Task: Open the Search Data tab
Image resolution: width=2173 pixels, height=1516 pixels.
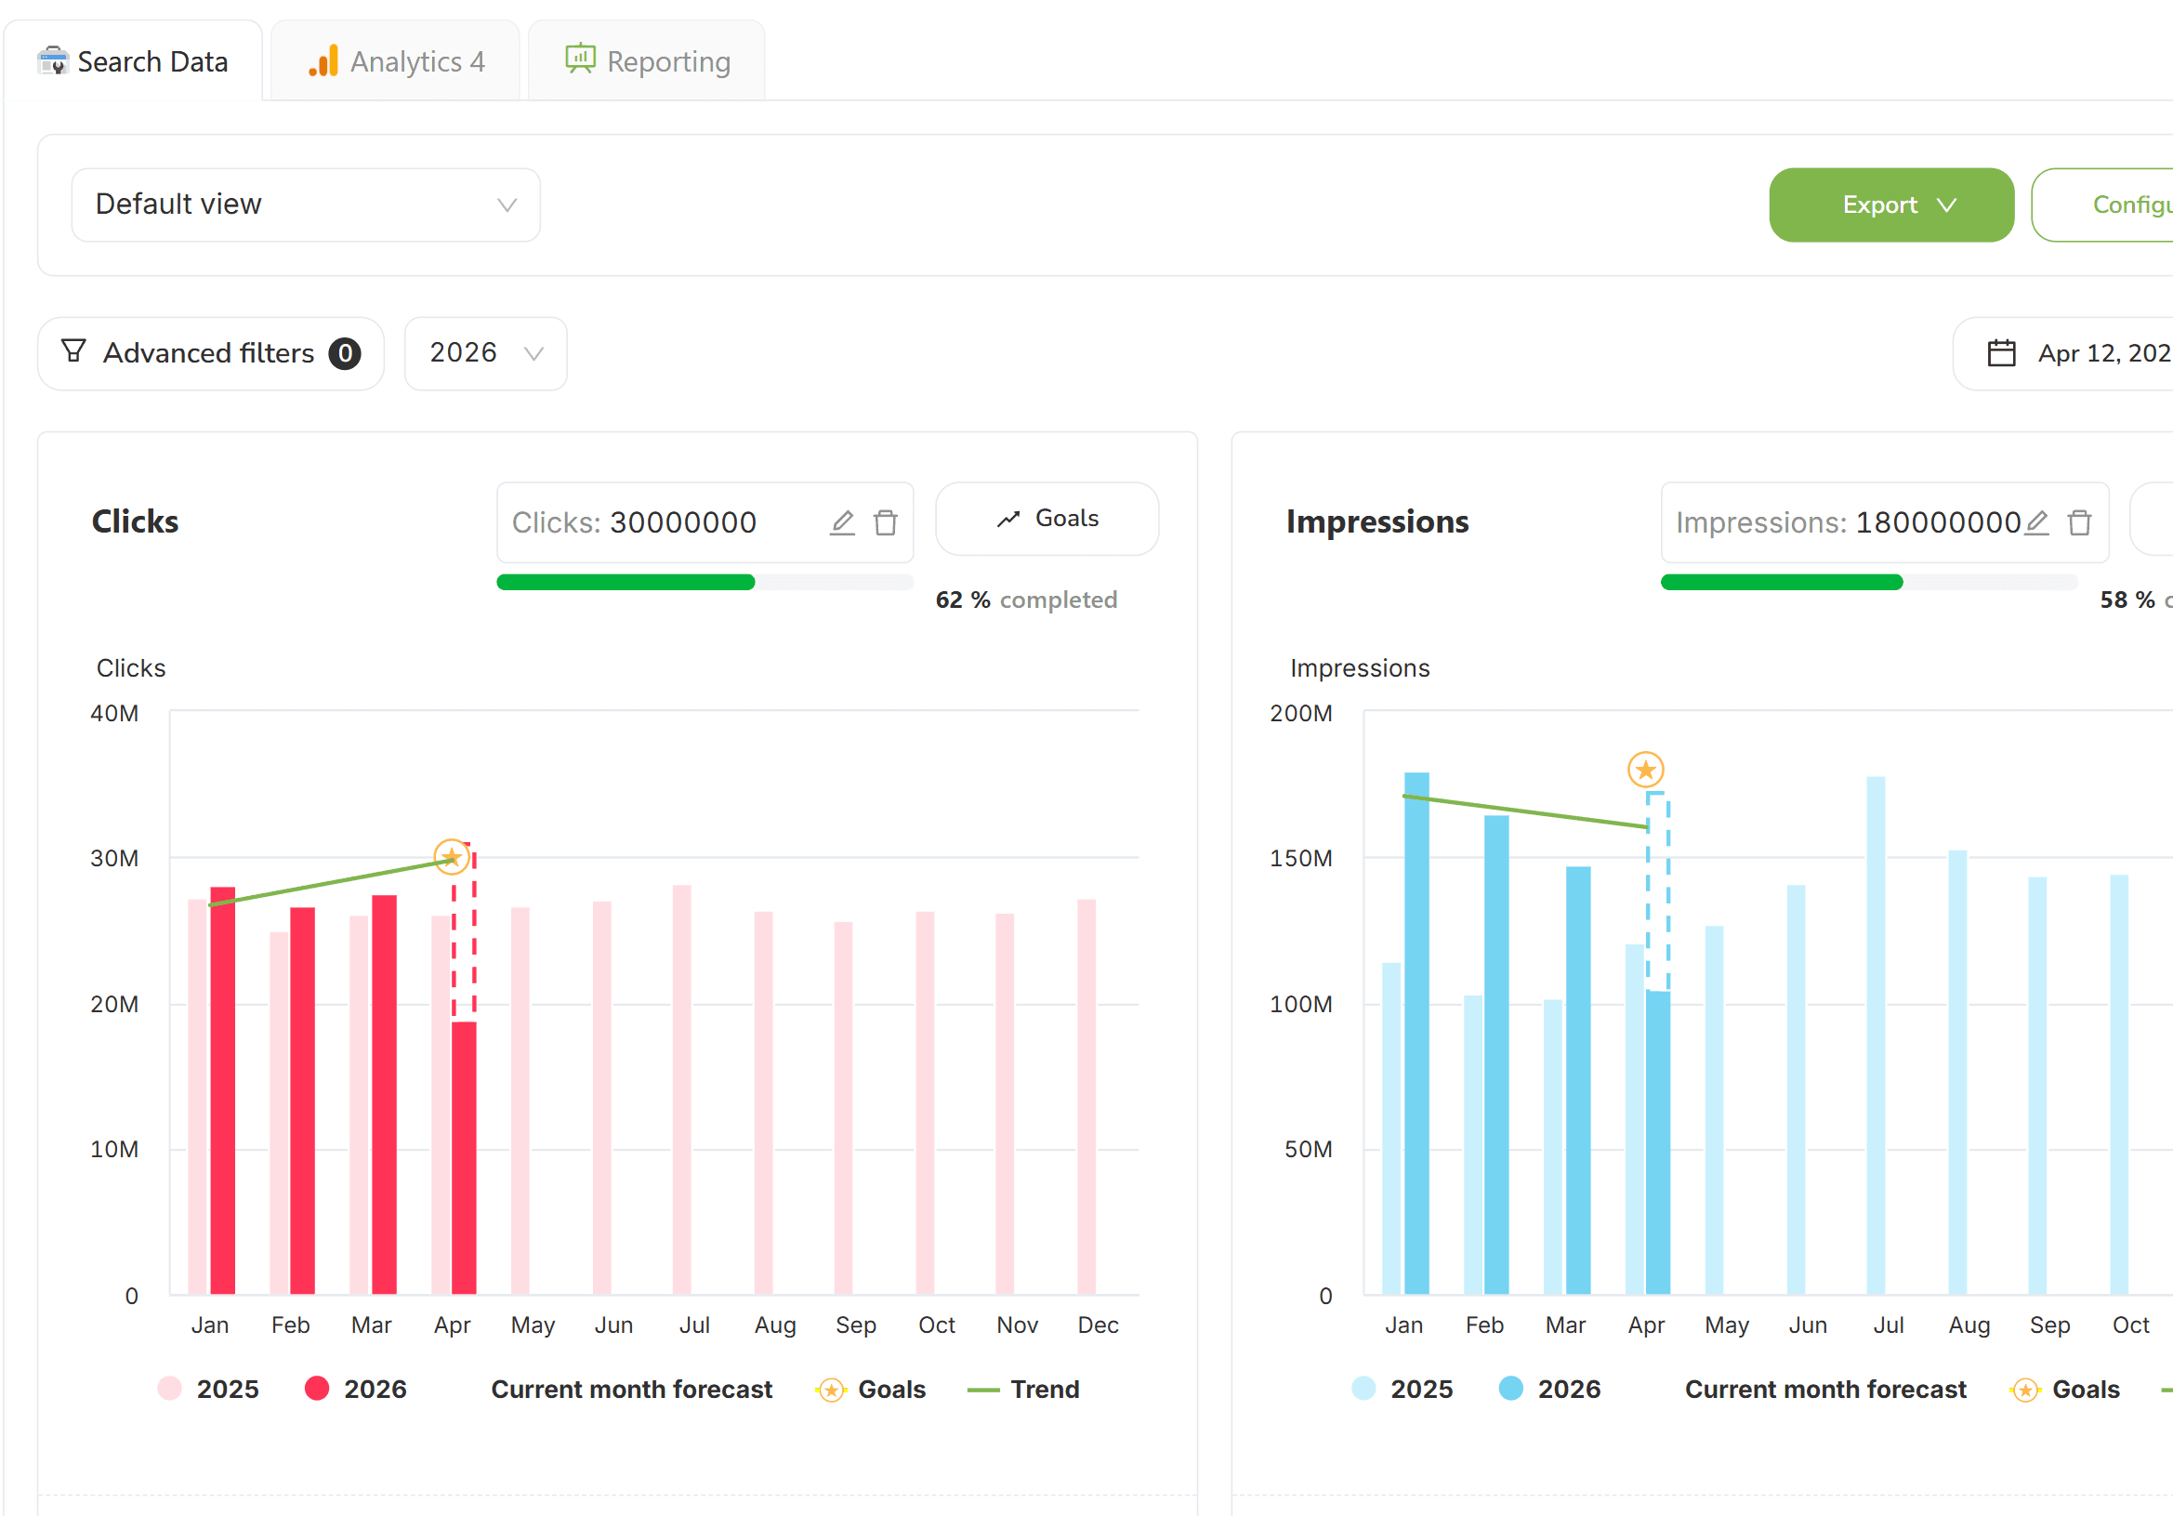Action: coord(133,61)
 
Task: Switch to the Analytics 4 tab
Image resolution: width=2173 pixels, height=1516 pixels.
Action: coord(396,61)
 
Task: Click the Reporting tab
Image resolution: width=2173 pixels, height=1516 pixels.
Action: coord(648,61)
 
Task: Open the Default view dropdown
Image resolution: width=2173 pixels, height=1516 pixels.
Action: coord(306,204)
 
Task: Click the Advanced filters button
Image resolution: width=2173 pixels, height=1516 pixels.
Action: coord(211,353)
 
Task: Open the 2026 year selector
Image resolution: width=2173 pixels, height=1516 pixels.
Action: coord(485,353)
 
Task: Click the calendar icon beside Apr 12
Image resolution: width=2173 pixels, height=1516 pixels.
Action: coord(2001,353)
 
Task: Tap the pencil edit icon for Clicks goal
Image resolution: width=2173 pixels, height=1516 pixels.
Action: coord(842,522)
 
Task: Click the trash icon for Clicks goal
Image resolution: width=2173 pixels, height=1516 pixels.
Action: coord(886,522)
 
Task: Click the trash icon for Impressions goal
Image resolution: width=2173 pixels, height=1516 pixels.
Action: coord(2079,522)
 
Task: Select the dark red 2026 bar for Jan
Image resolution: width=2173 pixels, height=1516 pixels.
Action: coord(222,1090)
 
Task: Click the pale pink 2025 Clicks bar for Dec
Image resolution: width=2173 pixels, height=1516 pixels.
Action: coord(1086,1097)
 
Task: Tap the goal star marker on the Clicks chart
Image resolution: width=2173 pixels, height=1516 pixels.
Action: coord(452,857)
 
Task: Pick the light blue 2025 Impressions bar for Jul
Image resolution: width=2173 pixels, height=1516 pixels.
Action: coord(1876,1035)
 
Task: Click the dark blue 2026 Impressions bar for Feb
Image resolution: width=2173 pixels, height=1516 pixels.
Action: coord(1496,1054)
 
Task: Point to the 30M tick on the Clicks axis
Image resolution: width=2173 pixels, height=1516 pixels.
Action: coord(114,858)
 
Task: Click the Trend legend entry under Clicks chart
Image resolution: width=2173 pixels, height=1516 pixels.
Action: coord(1023,1390)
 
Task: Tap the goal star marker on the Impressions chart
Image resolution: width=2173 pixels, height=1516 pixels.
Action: coord(1646,770)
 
